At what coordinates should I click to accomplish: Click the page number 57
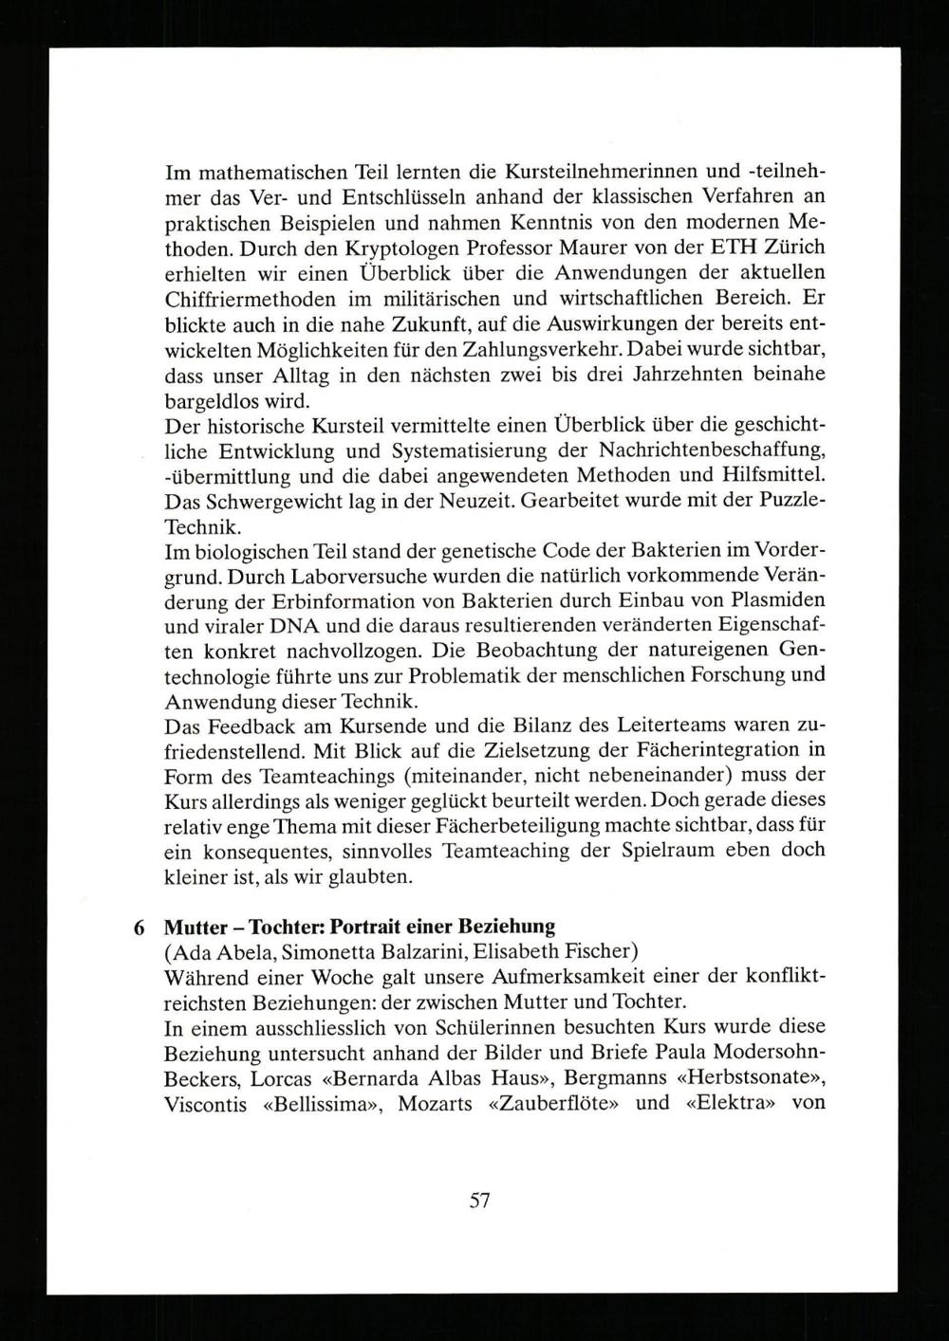tap(478, 1201)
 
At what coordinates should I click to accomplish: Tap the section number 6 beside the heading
tap(140, 926)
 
